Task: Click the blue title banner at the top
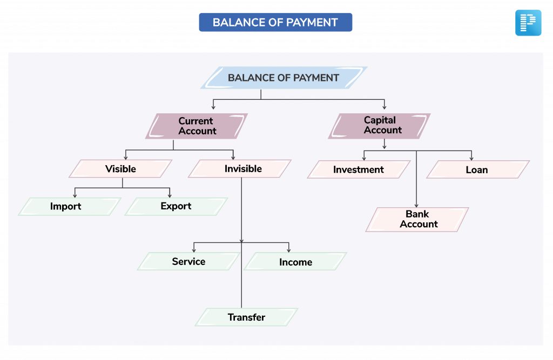275,22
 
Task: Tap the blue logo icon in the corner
528,23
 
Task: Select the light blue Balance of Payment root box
284,78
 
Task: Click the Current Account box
197,126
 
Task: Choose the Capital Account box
379,126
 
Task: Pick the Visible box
120,168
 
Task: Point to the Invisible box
240,168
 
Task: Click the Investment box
359,169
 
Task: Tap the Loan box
478,169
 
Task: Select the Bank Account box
417,219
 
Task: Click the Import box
70,206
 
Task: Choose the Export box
177,206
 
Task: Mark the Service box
188,261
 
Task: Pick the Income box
295,261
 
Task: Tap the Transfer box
246,317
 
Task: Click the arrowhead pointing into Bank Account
416,205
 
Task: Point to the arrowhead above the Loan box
471,158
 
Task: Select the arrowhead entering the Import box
75,195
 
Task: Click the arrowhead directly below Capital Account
385,146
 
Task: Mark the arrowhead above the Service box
194,250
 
